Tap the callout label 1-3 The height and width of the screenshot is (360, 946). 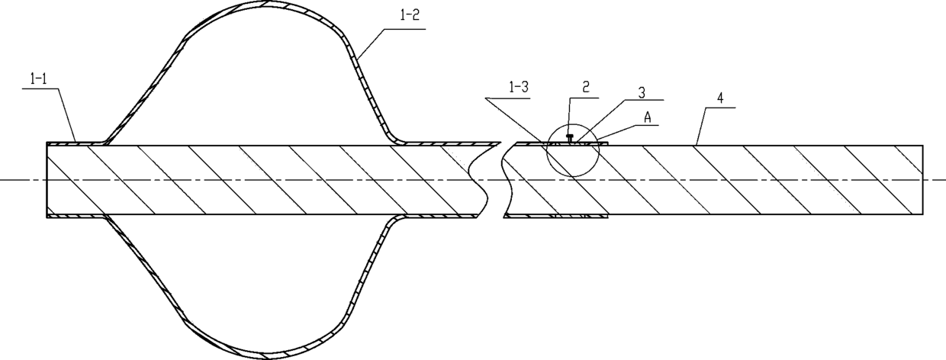tap(518, 88)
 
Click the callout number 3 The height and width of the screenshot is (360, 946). tap(642, 92)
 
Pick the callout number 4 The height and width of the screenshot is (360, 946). tap(720, 98)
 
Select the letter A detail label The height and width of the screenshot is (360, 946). tap(648, 117)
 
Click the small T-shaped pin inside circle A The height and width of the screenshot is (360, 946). tap(571, 138)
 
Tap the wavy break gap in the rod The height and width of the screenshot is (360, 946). tap(490, 179)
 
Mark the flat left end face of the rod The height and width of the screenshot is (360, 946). tap(47, 180)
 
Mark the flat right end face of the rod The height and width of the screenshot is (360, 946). tap(923, 180)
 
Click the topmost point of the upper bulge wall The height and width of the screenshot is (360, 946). tap(266, 2)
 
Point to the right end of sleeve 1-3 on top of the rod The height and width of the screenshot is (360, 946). tap(607, 143)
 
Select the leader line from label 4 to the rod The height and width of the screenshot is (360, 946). tap(700, 127)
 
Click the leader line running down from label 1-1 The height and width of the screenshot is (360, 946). tap(67, 115)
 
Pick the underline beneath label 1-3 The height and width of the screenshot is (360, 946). tap(507, 98)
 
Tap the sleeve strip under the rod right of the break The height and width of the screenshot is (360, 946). tap(555, 216)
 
